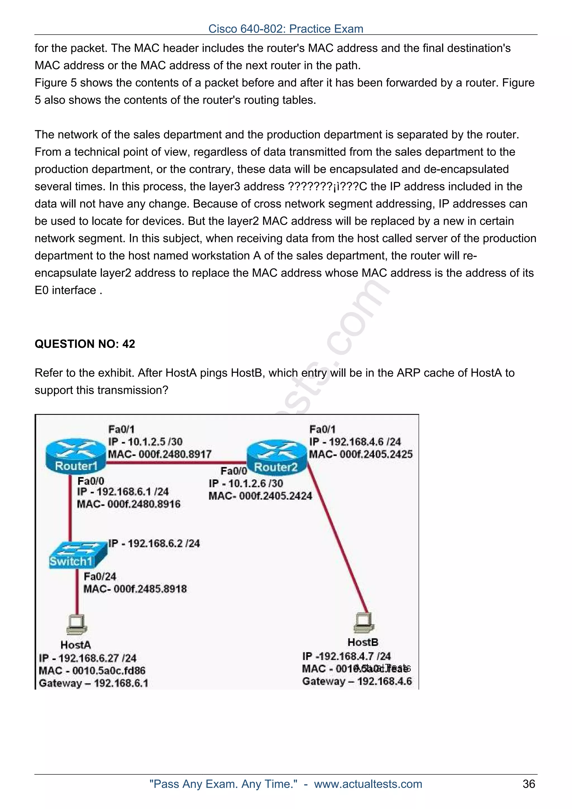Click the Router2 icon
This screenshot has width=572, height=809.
point(277,457)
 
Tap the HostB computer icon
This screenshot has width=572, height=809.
point(364,622)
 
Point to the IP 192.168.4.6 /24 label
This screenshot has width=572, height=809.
point(355,442)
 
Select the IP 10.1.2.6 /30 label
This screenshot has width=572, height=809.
point(246,484)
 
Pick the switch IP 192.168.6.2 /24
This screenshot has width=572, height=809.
point(154,543)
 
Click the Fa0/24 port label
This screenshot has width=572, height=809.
point(100,576)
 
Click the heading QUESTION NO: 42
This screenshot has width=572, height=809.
point(85,344)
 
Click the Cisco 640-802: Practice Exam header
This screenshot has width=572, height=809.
point(286,29)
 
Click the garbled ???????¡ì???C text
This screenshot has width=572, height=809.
point(327,186)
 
